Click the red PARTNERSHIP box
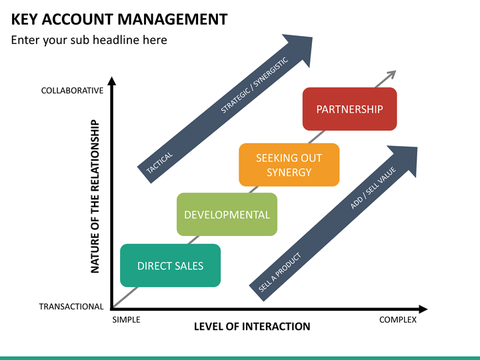click(x=349, y=109)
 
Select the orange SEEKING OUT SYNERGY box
click(x=289, y=165)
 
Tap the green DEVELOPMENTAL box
click(x=227, y=214)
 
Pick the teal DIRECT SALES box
click(x=170, y=265)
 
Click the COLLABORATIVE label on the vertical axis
click(x=72, y=91)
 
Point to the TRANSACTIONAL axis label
click(x=71, y=307)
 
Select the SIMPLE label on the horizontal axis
click(x=126, y=319)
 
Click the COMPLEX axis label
click(x=397, y=319)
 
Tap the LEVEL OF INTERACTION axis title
click(x=252, y=327)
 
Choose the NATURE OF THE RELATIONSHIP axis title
click(x=95, y=196)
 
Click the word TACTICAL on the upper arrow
click(x=160, y=164)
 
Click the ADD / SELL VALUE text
click(x=373, y=188)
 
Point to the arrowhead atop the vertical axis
click(x=112, y=82)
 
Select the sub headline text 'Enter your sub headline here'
click(x=89, y=40)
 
